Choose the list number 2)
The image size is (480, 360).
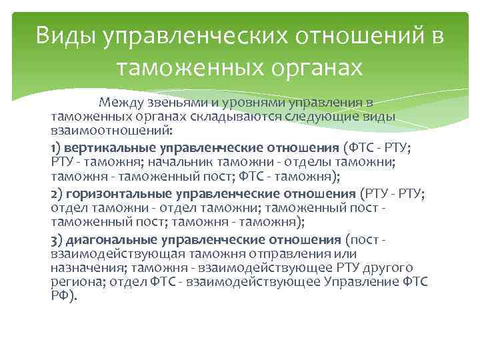[x=58, y=193]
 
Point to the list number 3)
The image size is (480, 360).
[x=58, y=239]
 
